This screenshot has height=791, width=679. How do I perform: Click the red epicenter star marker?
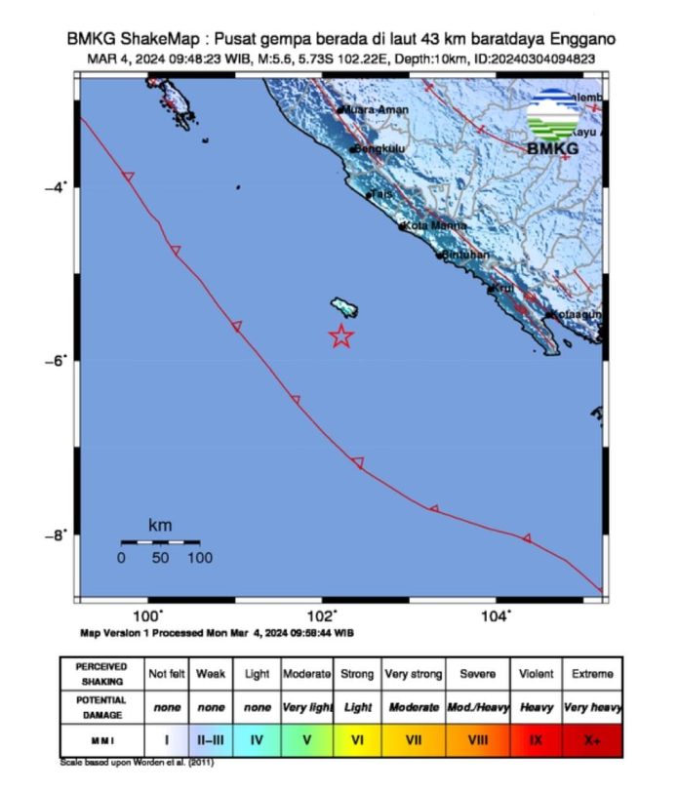click(x=340, y=336)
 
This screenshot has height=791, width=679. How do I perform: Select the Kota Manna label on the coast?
click(x=430, y=226)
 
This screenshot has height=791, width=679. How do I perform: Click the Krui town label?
click(x=503, y=289)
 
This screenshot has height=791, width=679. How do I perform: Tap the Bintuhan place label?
click(x=465, y=255)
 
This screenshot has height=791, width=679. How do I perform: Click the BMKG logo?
click(x=553, y=124)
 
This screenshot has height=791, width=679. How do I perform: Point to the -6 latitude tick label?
click(x=55, y=360)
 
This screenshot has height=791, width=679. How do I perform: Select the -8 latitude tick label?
click(x=55, y=534)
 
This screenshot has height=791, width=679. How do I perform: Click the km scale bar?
click(x=160, y=541)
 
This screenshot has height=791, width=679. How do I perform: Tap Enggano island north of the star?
click(x=344, y=306)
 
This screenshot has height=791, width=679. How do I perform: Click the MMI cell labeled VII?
click(x=414, y=739)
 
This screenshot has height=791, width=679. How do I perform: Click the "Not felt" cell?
click(x=165, y=674)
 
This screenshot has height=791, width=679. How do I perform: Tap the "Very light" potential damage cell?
click(x=306, y=706)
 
